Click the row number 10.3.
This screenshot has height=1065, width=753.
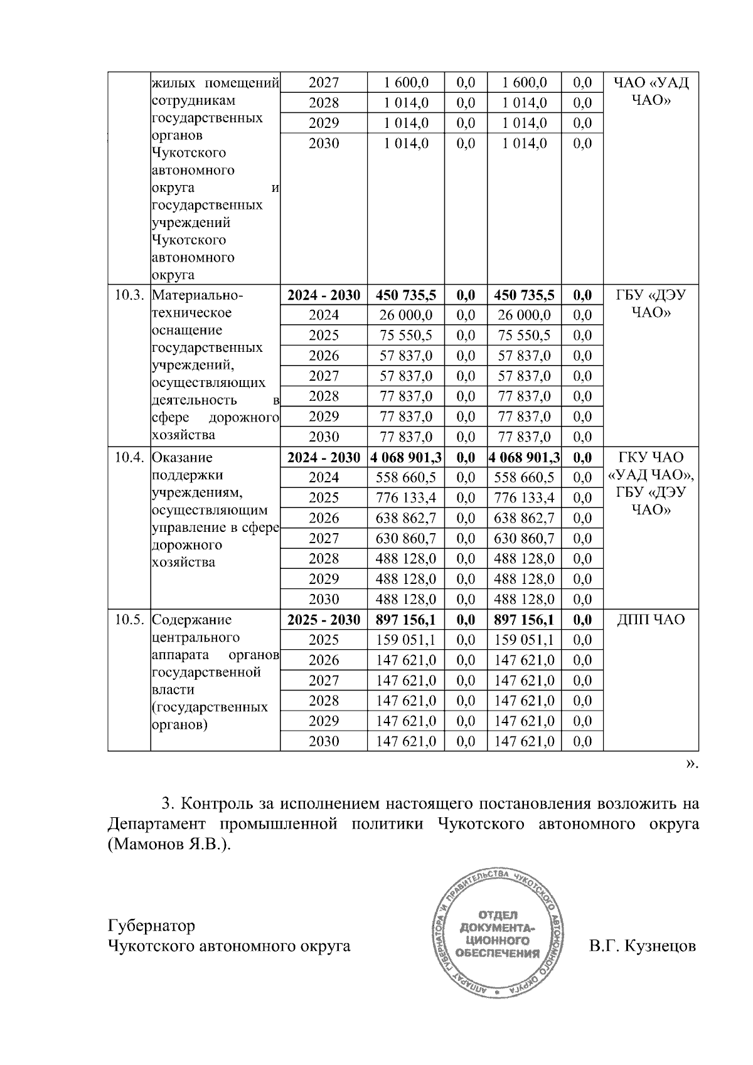[129, 295]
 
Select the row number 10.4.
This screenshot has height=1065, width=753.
[129, 458]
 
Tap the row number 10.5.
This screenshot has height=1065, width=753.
[129, 620]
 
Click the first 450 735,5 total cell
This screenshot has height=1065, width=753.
[405, 295]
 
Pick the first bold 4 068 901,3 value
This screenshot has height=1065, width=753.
[405, 458]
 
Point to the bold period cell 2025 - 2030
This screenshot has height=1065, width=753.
[324, 620]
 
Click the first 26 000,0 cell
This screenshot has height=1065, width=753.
[405, 315]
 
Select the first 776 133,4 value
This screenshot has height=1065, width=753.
[405, 498]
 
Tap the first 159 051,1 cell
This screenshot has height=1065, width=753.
[405, 640]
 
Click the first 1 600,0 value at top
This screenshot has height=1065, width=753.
[405, 83]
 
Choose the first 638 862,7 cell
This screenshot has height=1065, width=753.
[405, 518]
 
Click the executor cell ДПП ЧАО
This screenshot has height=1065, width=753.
[651, 620]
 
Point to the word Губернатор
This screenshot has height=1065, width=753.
[151, 926]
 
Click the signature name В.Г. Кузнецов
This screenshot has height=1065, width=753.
[642, 946]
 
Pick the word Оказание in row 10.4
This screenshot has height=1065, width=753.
[183, 458]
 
